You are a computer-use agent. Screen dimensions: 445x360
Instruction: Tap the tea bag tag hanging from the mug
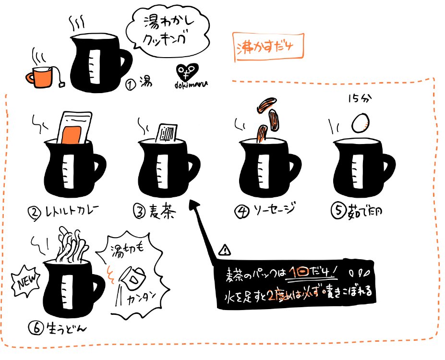tap(63, 84)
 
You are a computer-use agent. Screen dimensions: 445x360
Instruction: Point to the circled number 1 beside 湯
tap(130, 85)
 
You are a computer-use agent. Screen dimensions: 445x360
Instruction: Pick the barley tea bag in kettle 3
tap(168, 132)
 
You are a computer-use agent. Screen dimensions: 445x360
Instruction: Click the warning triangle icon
tap(224, 250)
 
